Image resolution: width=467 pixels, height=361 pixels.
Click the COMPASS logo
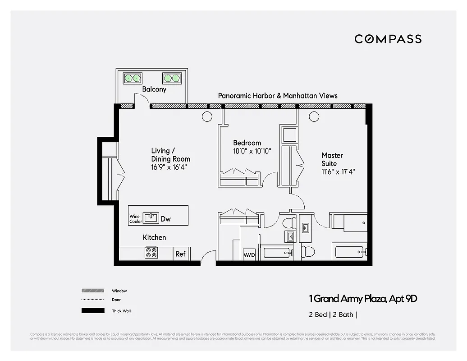388,39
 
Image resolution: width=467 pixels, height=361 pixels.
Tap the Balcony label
154,89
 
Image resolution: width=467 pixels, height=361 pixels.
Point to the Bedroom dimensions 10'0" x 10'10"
252,151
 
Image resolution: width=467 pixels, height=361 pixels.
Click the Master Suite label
332,159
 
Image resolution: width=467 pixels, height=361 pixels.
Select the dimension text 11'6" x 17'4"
335,171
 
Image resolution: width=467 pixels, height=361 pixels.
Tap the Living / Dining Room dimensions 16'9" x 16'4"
169,167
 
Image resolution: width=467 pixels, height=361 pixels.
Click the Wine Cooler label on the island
135,219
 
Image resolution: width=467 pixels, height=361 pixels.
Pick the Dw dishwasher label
166,219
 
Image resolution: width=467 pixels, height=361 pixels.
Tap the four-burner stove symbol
151,253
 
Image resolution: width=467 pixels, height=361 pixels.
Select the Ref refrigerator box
180,254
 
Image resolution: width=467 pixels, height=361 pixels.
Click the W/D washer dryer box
249,255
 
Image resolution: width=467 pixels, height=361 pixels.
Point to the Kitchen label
154,237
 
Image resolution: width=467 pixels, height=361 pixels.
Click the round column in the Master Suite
314,117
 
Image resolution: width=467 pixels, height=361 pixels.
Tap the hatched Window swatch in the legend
92,291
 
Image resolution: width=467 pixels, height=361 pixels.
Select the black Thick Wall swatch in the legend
92,310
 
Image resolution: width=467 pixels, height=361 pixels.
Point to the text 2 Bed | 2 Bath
332,315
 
